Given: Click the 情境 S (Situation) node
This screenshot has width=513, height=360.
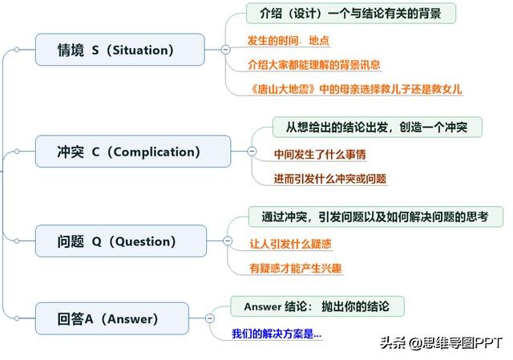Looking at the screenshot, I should point(119,50).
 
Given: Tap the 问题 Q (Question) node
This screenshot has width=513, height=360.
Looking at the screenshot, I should point(120,241).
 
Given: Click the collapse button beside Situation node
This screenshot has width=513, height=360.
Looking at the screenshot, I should point(225,51).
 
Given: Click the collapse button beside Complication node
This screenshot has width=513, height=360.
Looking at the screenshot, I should point(252,152).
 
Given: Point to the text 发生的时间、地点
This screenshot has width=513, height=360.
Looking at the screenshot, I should point(289,40).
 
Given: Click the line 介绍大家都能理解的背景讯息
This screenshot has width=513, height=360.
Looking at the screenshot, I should point(314,64).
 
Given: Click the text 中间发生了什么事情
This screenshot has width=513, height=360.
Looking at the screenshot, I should point(320,154).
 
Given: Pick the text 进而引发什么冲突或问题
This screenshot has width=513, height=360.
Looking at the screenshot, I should point(329,178).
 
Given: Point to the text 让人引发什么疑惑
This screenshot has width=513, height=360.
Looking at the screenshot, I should point(291,243).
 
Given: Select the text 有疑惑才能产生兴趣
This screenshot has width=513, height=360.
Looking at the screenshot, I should point(296,267).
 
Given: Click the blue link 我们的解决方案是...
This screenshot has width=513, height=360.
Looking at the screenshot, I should point(277,333).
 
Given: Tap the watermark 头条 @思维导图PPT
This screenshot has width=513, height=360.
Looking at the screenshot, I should point(440,342).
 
